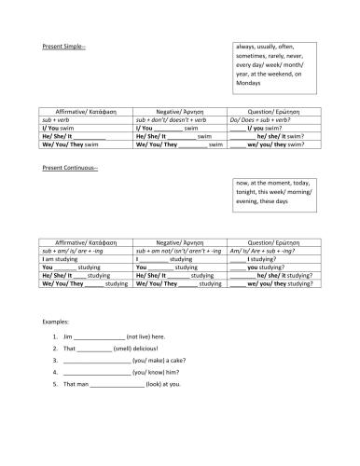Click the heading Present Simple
click(x=63, y=46)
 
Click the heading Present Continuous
click(x=70, y=168)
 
